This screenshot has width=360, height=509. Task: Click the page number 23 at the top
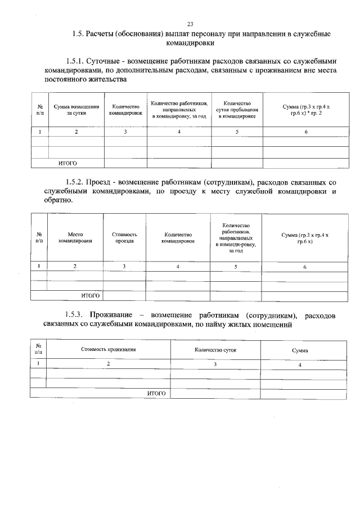[190, 24]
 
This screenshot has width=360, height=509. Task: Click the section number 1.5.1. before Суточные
[75, 61]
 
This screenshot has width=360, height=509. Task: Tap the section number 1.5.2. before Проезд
[75, 183]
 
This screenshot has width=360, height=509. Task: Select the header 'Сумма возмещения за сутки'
[76, 109]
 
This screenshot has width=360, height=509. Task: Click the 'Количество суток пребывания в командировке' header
[237, 110]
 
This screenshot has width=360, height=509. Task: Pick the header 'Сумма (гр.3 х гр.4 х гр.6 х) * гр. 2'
[306, 109]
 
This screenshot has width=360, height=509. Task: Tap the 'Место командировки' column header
[75, 237]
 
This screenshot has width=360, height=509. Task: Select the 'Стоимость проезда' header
[124, 237]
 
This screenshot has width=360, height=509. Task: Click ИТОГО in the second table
[90, 295]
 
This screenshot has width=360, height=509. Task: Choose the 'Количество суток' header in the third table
[215, 350]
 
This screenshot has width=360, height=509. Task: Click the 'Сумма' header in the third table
[299, 350]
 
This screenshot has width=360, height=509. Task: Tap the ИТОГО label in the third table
[156, 394]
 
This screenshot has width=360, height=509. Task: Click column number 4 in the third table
[299, 364]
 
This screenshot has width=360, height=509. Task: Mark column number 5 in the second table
[236, 266]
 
